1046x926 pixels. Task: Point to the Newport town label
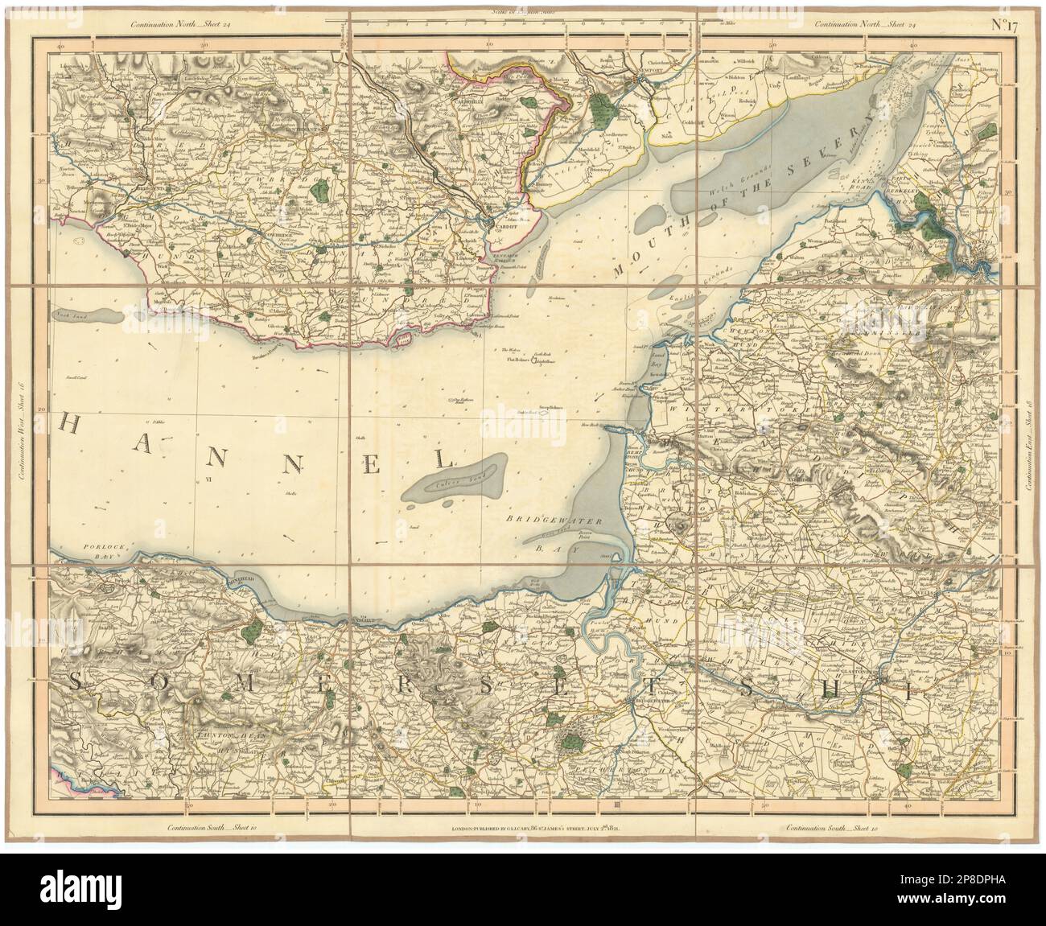(649, 79)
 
